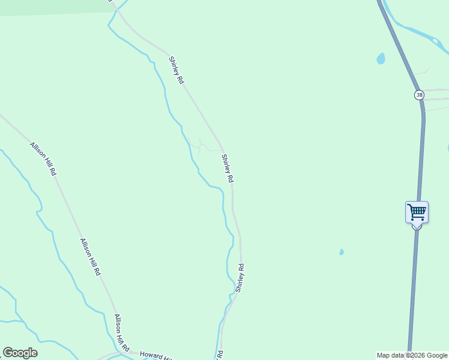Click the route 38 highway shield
(x=419, y=95)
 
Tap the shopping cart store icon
(x=417, y=212)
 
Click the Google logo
(x=20, y=353)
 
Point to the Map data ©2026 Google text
(x=412, y=355)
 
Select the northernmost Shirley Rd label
(x=176, y=70)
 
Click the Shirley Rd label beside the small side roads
(x=228, y=169)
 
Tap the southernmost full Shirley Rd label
(x=240, y=278)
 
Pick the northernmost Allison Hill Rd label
(x=44, y=159)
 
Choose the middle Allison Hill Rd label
(x=91, y=257)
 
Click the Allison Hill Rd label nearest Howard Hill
(x=122, y=333)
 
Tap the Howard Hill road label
(x=152, y=355)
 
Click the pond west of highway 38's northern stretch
(x=381, y=58)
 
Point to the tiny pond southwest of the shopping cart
(x=342, y=252)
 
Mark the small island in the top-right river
(x=435, y=40)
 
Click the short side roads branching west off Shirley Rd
(x=200, y=145)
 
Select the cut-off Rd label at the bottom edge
(x=220, y=355)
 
